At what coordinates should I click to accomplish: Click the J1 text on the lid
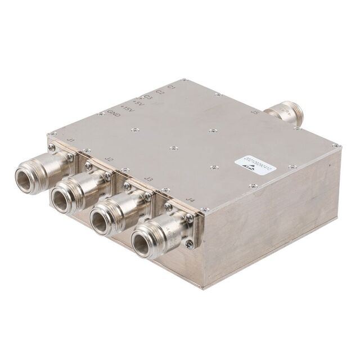tap(71, 141)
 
